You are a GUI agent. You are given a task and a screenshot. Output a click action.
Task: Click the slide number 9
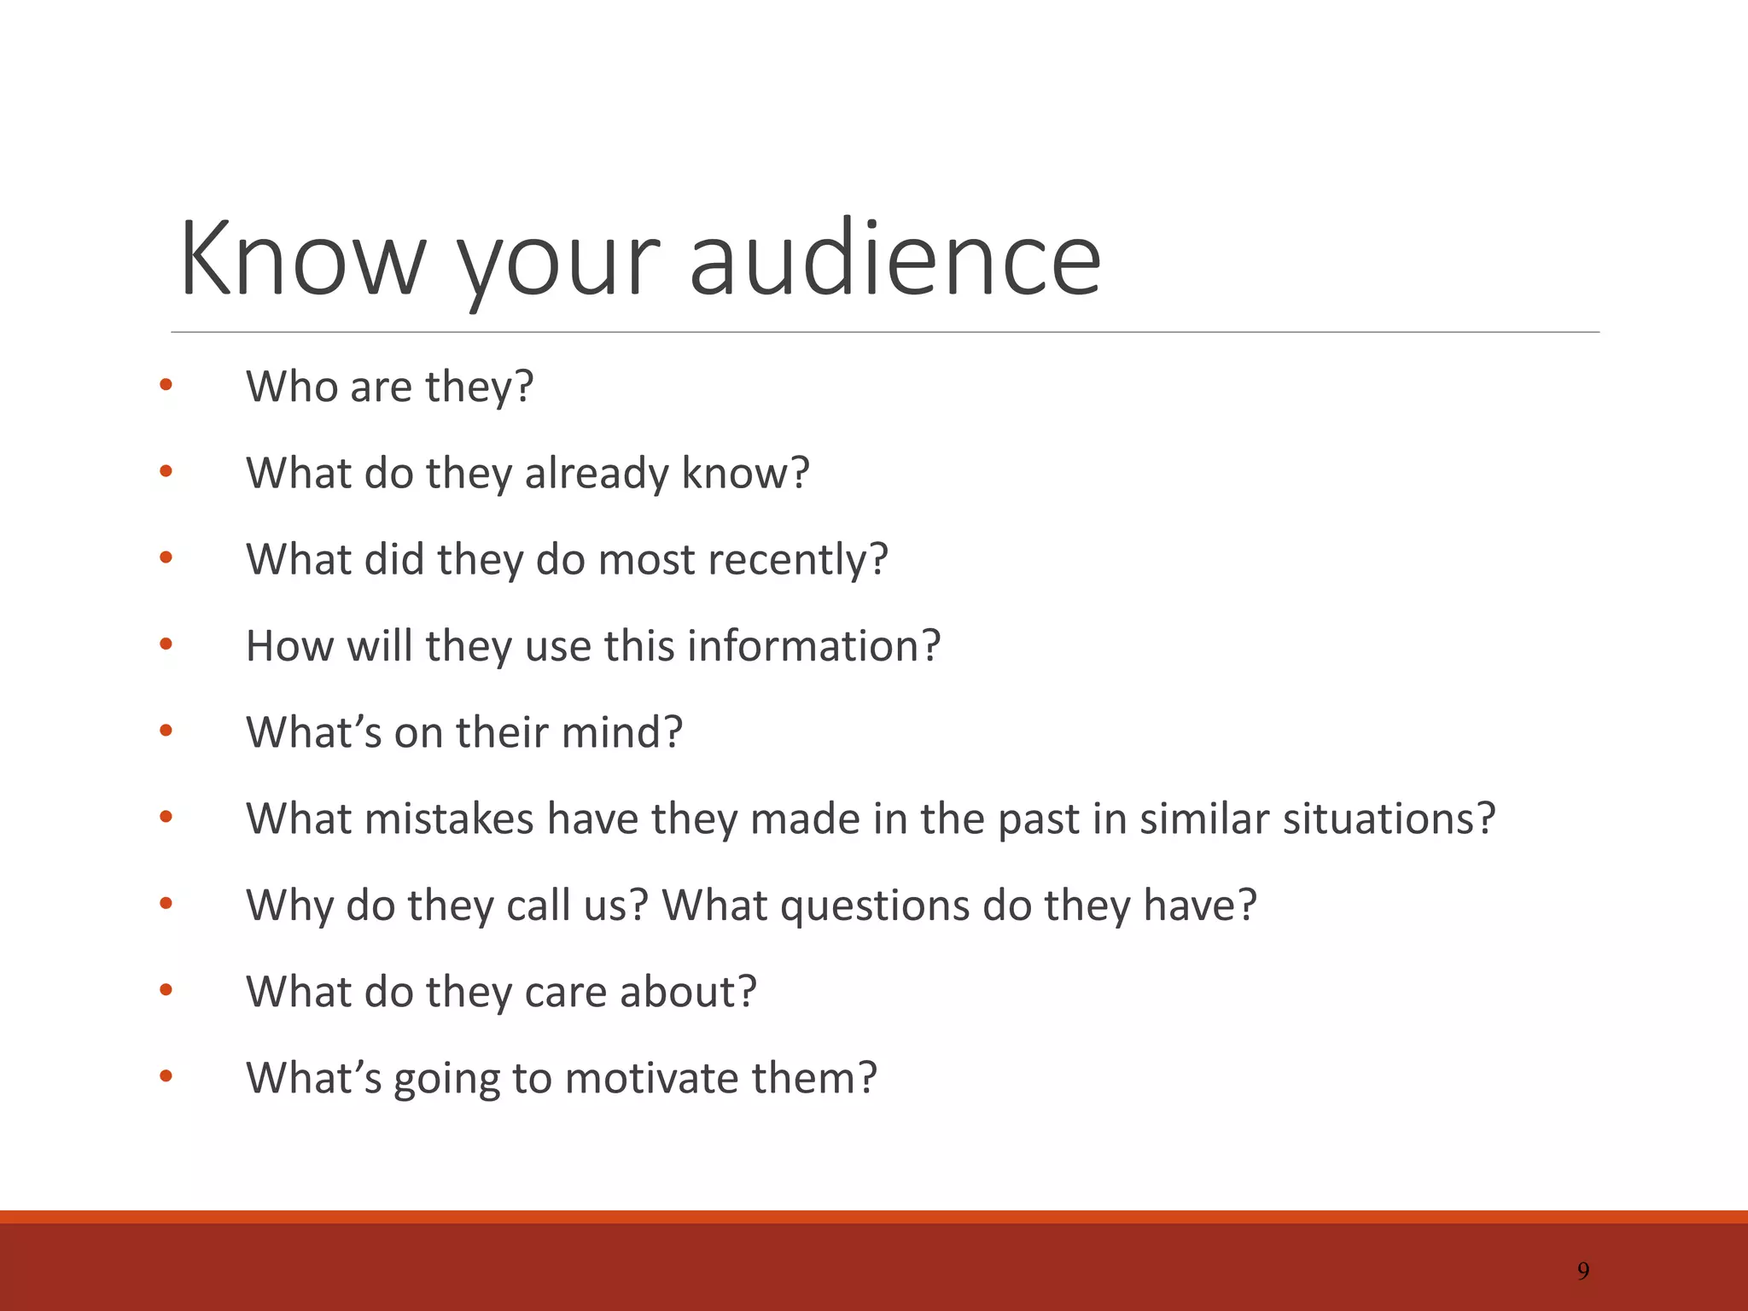[x=1583, y=1271]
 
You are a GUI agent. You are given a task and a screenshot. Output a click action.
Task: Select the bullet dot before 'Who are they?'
[x=166, y=385]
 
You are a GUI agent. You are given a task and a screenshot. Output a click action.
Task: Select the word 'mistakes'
[x=449, y=819]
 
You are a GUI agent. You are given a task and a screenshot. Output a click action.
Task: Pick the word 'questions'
[x=875, y=905]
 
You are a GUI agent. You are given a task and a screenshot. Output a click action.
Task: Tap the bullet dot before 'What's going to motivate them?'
[x=166, y=1076]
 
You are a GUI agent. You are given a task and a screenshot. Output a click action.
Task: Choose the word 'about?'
[x=688, y=992]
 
